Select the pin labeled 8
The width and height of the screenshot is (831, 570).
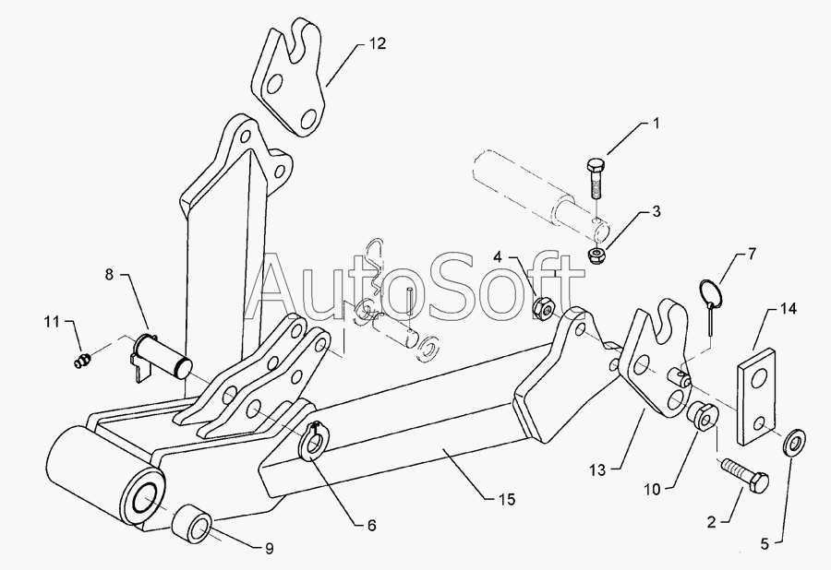point(162,355)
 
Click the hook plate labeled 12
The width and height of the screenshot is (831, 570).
point(289,83)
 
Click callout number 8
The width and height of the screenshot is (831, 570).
point(110,273)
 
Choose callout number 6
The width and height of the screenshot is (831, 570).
point(371,525)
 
